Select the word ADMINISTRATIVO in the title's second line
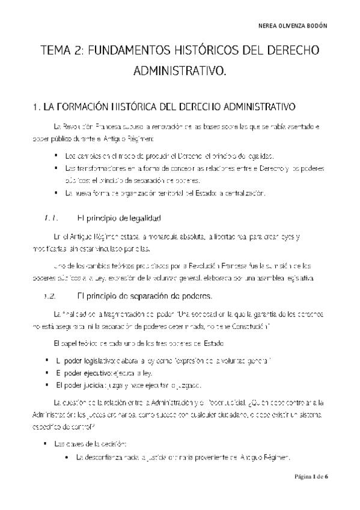(x=180, y=72)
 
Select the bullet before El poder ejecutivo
(x=47, y=372)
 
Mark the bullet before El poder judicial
(x=47, y=385)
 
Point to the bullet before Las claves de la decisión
(x=47, y=444)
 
